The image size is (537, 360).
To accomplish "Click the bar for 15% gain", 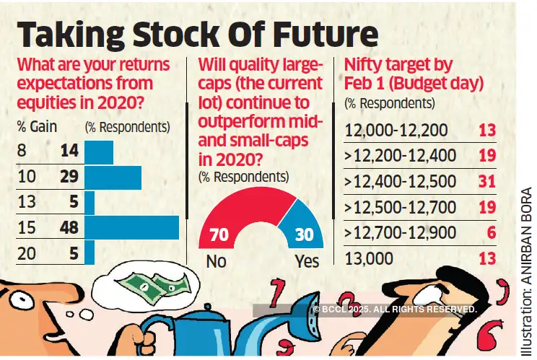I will click(131, 227).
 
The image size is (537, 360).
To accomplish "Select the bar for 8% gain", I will click(99, 152).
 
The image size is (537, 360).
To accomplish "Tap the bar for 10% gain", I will click(113, 177).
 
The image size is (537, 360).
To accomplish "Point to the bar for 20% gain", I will click(89, 253).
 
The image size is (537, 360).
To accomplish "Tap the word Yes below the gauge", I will click(307, 261).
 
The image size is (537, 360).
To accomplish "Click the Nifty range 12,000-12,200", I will click(396, 131).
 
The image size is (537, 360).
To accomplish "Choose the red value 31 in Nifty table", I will click(487, 181).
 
